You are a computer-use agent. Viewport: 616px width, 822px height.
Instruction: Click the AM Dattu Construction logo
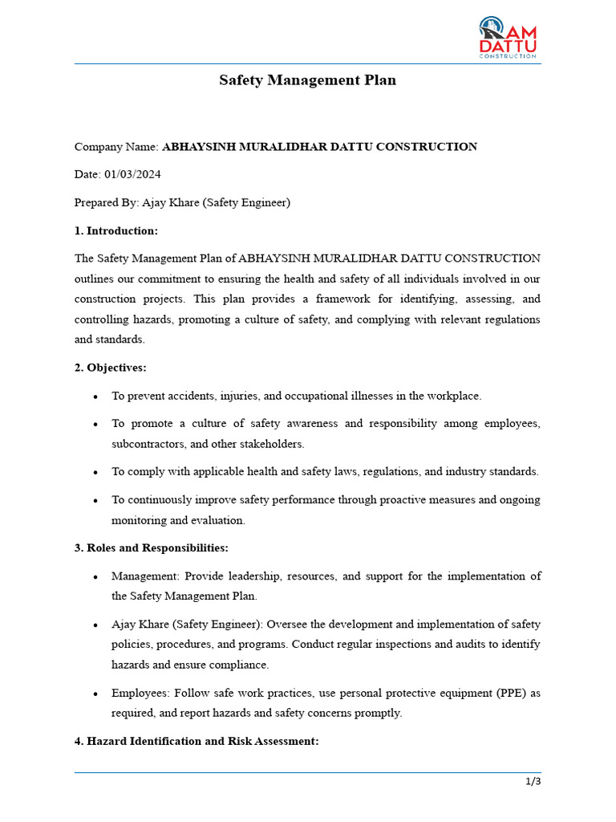click(509, 38)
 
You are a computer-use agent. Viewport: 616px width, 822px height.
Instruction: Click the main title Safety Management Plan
click(308, 80)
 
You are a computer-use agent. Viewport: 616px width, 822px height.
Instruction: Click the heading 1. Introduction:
click(116, 230)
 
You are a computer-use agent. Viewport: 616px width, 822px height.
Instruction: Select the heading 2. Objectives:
click(111, 368)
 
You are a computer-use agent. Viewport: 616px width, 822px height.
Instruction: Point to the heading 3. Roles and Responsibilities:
click(152, 548)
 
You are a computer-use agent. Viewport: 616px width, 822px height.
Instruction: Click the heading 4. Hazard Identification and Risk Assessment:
click(197, 742)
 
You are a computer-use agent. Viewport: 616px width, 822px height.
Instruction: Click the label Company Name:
click(116, 147)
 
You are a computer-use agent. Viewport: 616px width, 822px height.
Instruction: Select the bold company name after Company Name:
click(319, 147)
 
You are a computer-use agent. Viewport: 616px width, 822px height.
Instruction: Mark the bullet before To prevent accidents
click(95, 397)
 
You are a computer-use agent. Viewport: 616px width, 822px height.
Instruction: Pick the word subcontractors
click(146, 444)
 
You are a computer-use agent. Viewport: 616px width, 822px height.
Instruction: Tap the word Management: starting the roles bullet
click(145, 576)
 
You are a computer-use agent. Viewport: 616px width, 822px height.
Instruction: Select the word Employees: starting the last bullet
click(141, 692)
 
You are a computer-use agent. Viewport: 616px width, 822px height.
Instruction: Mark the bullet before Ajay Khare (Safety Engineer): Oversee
click(95, 625)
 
